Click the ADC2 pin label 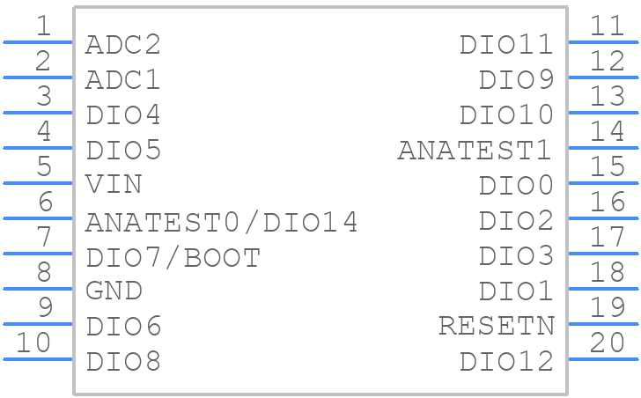coord(123,45)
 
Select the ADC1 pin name coord(122,79)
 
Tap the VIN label coord(114,184)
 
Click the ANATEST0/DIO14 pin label coord(221,223)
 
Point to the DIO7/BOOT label coord(173,258)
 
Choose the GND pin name coord(114,291)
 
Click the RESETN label coord(497,326)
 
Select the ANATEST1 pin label coord(475,150)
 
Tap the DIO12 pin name coord(507,361)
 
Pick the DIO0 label coord(516,185)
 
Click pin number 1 coord(44,26)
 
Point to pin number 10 coord(33,343)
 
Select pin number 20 coord(607,343)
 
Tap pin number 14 coord(608,131)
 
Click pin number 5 coord(44,166)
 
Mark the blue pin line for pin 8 coord(38,289)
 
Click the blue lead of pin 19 coord(603,324)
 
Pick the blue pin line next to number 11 coord(603,42)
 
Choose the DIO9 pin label coord(516,79)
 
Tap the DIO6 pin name coord(123,326)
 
